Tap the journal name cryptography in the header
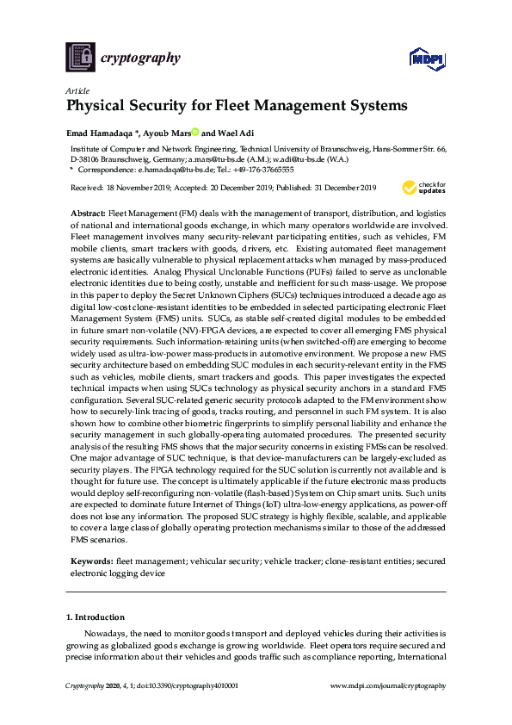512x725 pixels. pyautogui.click(x=141, y=59)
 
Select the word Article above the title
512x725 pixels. pyautogui.click(x=75, y=90)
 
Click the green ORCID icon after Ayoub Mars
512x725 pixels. pyautogui.click(x=195, y=132)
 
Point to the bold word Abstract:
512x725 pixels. pyautogui.click(x=88, y=212)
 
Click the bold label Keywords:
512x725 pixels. pyautogui.click(x=90, y=561)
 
